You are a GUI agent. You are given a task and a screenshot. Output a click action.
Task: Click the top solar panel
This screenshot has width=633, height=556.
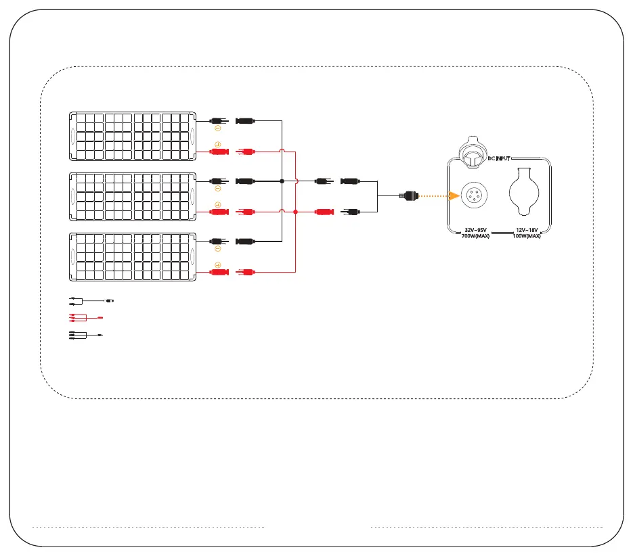click(133, 136)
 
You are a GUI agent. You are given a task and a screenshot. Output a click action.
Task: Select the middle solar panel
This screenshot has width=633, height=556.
click(133, 196)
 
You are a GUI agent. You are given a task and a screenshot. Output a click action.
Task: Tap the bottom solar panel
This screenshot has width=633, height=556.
click(133, 256)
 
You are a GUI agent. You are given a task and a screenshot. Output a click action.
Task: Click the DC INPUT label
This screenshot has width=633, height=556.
click(503, 158)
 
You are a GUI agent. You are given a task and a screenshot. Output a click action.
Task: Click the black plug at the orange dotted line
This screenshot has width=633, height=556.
click(410, 196)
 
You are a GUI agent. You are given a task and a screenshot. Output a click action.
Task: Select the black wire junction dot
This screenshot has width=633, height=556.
click(281, 181)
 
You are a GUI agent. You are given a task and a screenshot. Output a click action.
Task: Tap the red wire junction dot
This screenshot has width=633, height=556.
click(296, 212)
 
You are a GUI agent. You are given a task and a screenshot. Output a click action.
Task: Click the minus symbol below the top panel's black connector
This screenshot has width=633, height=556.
click(218, 128)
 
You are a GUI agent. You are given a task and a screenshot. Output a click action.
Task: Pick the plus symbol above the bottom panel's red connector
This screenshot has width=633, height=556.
click(218, 264)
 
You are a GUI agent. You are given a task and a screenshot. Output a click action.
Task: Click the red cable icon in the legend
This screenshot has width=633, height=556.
click(84, 317)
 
